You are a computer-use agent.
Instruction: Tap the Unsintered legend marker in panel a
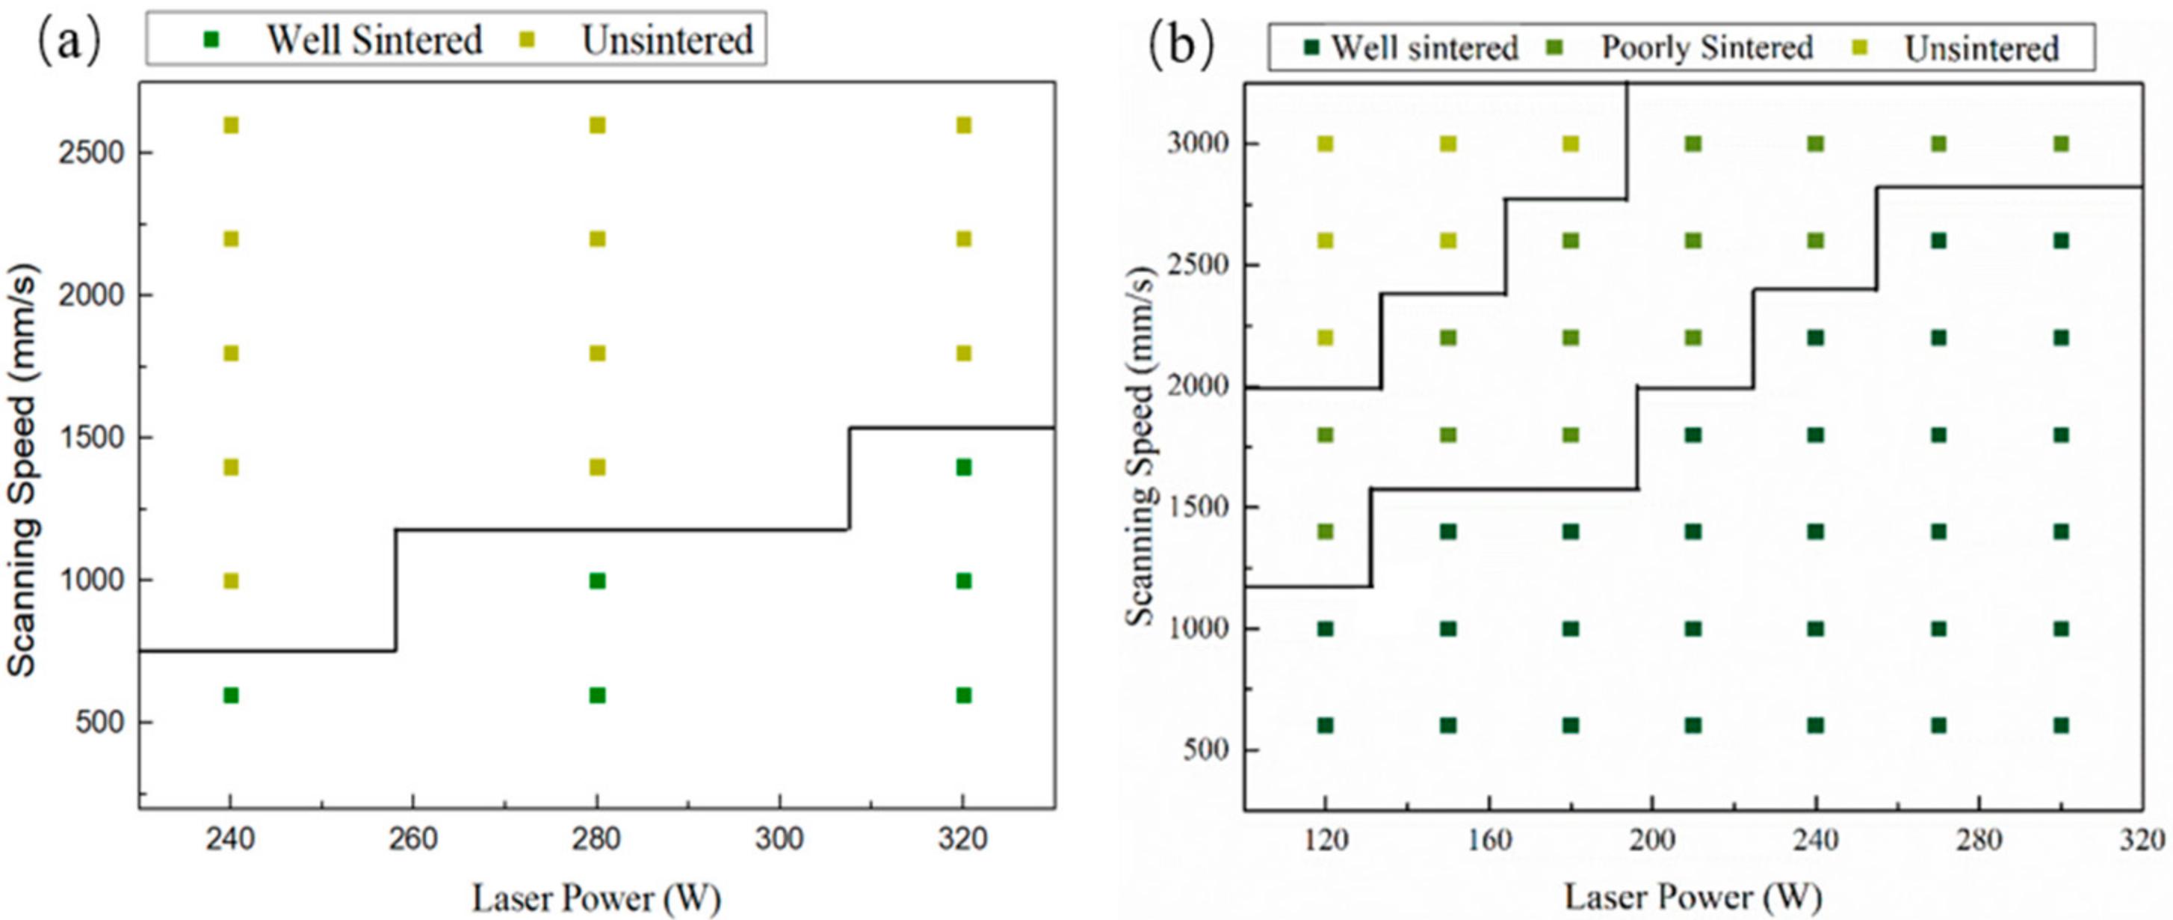[529, 39]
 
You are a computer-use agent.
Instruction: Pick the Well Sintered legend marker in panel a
[211, 39]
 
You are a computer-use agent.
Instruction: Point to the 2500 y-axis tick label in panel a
[92, 153]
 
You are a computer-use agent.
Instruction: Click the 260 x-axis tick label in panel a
[413, 840]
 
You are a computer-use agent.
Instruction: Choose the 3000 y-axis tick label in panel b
[1197, 144]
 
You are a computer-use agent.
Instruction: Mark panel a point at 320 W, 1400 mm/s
[963, 467]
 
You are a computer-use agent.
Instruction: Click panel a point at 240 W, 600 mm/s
[230, 696]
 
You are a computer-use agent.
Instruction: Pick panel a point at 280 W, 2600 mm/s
[597, 126]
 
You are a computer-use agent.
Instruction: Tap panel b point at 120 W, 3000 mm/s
[1325, 144]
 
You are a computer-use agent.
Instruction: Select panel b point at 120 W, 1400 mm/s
[1325, 532]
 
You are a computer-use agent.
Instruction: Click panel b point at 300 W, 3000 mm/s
[2061, 144]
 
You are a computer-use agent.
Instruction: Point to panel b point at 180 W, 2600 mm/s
[1571, 242]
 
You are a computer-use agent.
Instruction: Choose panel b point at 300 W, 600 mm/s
[2061, 726]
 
